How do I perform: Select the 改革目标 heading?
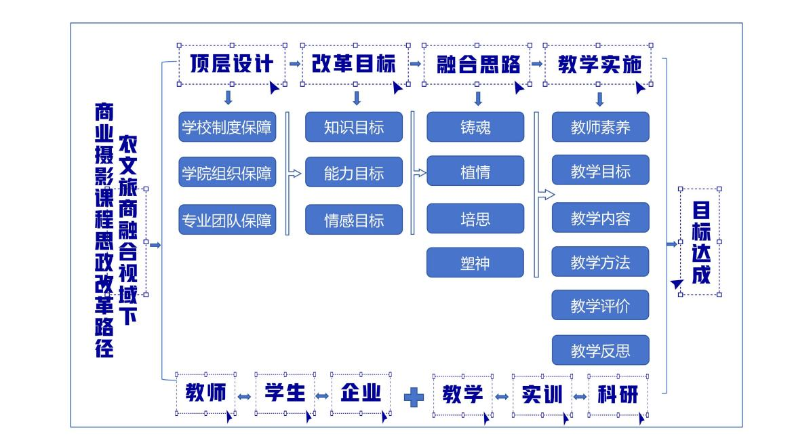(355, 65)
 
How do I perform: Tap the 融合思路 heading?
(475, 65)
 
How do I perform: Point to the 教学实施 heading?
(599, 65)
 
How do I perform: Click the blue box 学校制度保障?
(228, 128)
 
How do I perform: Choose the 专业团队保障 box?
(228, 220)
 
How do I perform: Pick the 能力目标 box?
(354, 172)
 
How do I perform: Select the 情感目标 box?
(354, 220)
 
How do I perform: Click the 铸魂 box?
(475, 128)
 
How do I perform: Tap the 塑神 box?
(475, 263)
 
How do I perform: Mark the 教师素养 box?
(601, 128)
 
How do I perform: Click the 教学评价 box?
(601, 306)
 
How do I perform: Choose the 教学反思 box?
(601, 351)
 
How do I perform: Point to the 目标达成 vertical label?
(700, 241)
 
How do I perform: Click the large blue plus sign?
(414, 396)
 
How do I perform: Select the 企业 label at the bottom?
(361, 393)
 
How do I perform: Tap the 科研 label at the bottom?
(618, 394)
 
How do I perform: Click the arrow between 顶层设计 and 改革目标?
(294, 64)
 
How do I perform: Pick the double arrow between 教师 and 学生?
(245, 396)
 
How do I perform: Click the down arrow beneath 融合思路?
(478, 98)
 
